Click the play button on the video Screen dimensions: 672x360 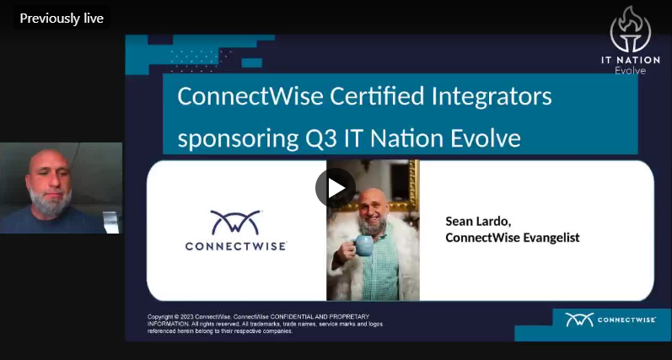[335, 188]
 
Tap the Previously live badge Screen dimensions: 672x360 [62, 19]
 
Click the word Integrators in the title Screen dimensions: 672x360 [492, 97]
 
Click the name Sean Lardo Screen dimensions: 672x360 [478, 222]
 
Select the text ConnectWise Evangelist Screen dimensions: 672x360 [513, 238]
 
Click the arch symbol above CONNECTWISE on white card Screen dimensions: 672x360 [235, 222]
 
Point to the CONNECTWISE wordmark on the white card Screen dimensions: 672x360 [235, 246]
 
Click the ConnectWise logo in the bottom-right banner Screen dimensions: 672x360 [610, 320]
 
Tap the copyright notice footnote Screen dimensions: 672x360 [265, 324]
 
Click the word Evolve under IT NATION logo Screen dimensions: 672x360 [630, 70]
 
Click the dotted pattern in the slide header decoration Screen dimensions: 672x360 [200, 61]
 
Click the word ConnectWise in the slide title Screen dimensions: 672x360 [250, 96]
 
